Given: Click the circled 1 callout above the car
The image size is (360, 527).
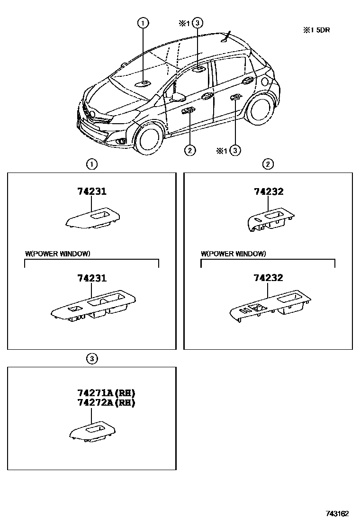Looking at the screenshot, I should (x=143, y=23).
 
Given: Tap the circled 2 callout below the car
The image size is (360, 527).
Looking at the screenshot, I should (x=189, y=150).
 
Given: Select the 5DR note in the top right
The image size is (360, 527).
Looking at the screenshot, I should (x=316, y=30).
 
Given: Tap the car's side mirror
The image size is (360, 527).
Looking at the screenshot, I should (x=178, y=97).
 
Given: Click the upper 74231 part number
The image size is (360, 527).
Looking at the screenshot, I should (x=92, y=192).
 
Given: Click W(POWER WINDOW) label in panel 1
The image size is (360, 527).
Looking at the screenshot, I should (x=57, y=254).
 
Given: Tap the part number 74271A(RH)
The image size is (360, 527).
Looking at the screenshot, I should (x=106, y=393).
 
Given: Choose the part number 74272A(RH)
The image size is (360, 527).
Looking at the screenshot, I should (x=106, y=403).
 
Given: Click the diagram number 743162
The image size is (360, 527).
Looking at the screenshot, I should (x=337, y=514).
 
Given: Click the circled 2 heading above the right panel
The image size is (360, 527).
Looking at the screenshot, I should (x=268, y=164).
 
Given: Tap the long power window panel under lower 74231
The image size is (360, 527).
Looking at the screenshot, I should (x=93, y=309).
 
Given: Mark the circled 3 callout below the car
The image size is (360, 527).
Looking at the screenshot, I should (x=235, y=150).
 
